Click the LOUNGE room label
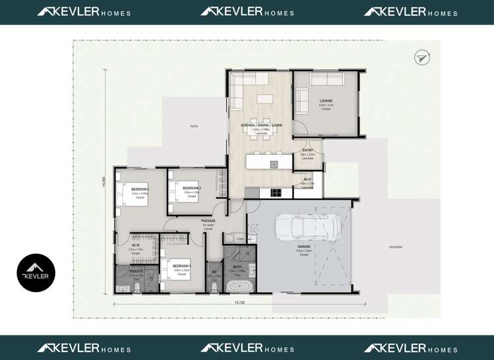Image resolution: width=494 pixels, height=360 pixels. [x=326, y=101]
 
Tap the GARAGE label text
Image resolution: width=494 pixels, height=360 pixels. [x=303, y=247]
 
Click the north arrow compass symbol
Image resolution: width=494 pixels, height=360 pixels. [x=422, y=58]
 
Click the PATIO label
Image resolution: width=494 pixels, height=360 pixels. [x=194, y=126]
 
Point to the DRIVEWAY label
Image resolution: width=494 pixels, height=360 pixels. [x=396, y=247]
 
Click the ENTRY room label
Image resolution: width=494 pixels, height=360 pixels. [x=307, y=151]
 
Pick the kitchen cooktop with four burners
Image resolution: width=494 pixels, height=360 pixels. [x=275, y=193]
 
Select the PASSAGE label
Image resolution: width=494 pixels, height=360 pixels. [x=208, y=220]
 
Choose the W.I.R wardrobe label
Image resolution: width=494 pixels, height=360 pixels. [x=135, y=245]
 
